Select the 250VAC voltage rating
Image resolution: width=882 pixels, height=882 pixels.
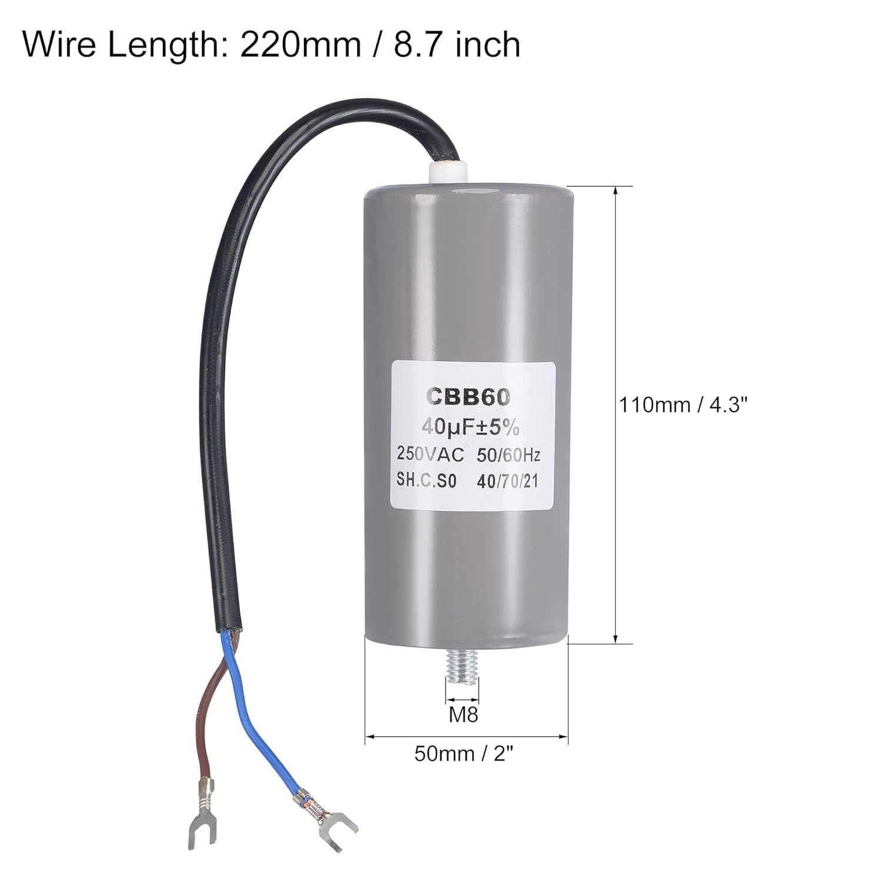(431, 455)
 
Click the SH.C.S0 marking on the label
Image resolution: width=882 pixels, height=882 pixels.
(426, 482)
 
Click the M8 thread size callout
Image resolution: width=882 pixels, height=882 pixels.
(463, 715)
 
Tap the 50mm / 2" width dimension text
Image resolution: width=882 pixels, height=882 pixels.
(460, 753)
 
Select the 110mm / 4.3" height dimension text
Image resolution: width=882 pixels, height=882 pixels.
(685, 405)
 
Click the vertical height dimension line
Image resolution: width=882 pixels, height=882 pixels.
(615, 415)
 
